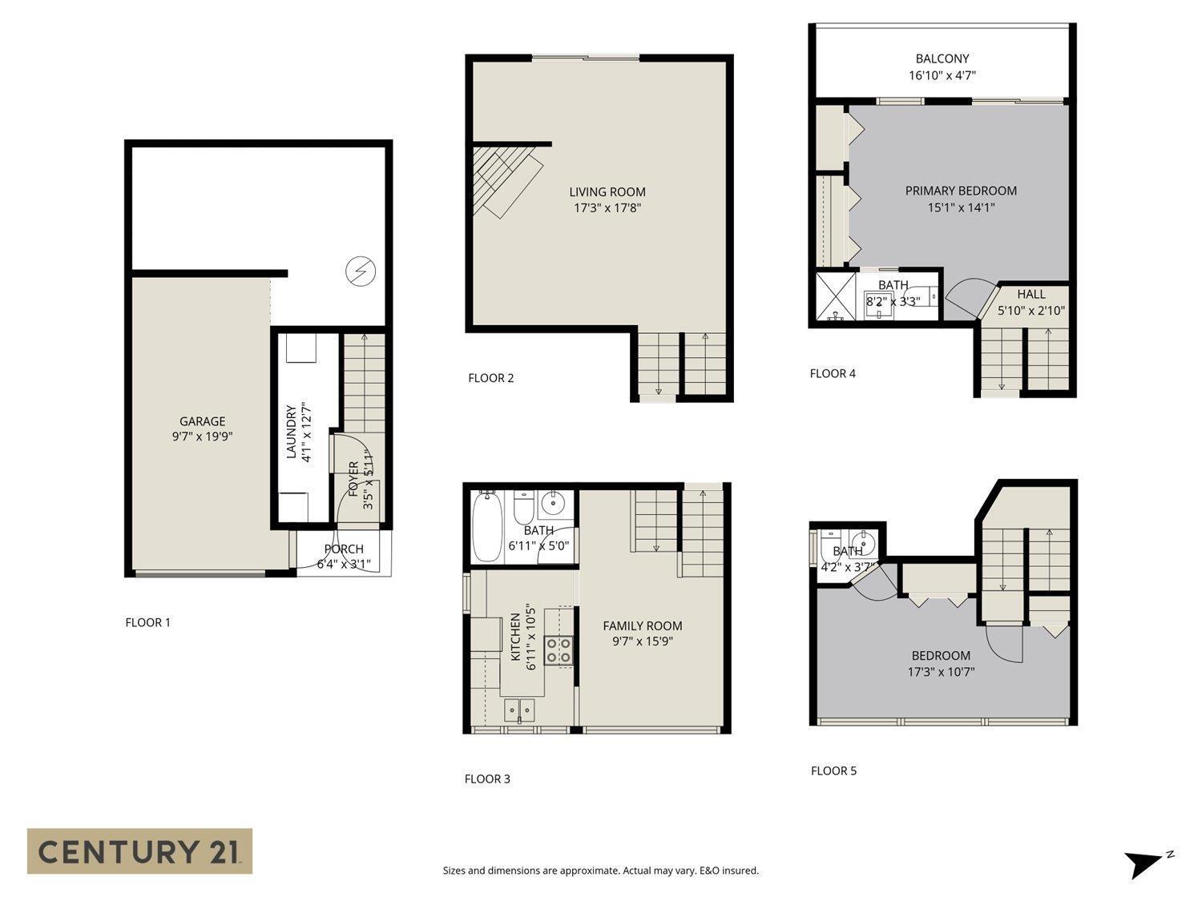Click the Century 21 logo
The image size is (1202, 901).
[x=139, y=851]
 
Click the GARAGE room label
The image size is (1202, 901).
[x=202, y=421]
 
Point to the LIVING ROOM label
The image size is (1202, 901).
[x=607, y=192]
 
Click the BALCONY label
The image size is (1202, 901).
[x=942, y=58]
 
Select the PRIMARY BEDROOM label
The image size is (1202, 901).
[x=960, y=191]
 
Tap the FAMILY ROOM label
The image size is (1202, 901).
[x=642, y=625]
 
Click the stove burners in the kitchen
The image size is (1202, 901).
[x=559, y=650]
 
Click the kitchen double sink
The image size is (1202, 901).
[x=520, y=710]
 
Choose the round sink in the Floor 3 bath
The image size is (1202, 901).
[x=552, y=504]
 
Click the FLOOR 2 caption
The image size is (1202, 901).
[x=490, y=378]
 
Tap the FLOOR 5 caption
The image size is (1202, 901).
[x=833, y=770]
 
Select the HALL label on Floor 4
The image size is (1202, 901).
[x=1031, y=294]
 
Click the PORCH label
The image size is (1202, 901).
[x=343, y=549]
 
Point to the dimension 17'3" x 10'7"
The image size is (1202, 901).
[x=940, y=672]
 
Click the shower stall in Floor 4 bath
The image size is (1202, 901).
[x=834, y=297]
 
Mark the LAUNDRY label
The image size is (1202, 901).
[x=292, y=432]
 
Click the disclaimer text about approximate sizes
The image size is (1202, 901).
[x=600, y=871]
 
